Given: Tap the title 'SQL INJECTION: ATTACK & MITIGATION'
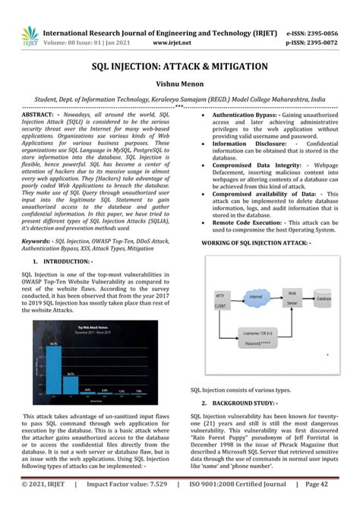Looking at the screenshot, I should pos(180,67).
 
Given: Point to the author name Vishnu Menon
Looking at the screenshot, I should pos(179,84).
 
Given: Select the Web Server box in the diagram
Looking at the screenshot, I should pos(290,298).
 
